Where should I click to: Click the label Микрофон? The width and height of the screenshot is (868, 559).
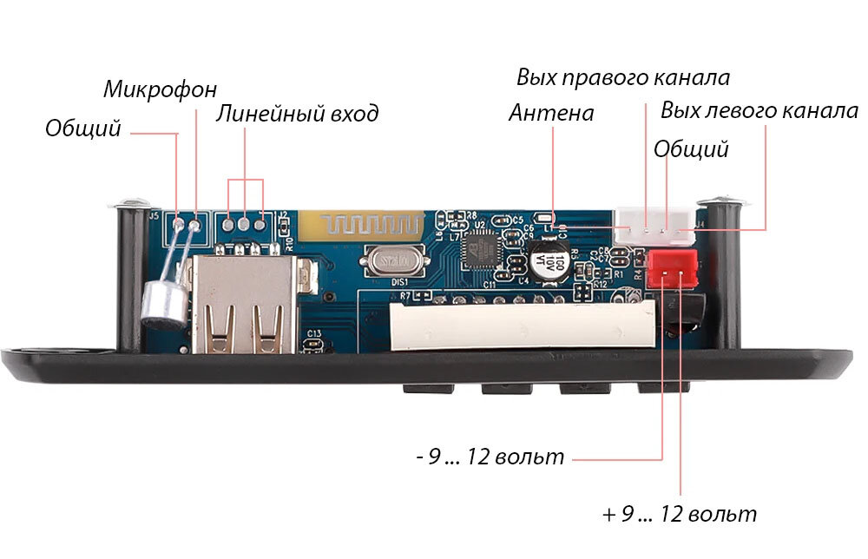(x=160, y=89)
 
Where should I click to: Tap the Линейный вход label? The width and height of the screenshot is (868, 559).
(x=297, y=114)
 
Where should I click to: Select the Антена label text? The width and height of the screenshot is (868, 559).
(x=551, y=113)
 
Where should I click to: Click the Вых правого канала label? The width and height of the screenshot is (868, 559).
(x=623, y=77)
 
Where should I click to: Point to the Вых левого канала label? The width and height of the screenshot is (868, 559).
(x=759, y=111)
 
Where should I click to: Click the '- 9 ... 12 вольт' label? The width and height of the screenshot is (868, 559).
(x=490, y=457)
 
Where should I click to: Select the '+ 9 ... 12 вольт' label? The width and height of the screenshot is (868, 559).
(x=680, y=514)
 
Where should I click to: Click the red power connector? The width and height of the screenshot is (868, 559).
(x=672, y=269)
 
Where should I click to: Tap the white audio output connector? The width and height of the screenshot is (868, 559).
(x=654, y=227)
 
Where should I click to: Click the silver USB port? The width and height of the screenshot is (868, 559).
(x=242, y=304)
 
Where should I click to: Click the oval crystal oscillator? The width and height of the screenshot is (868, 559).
(x=394, y=262)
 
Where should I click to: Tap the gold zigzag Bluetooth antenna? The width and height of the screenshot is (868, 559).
(x=361, y=227)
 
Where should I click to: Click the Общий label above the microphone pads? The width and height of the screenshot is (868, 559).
(x=83, y=128)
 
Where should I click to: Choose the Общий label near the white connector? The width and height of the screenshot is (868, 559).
(x=691, y=149)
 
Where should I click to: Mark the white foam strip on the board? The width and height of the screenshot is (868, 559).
(x=523, y=326)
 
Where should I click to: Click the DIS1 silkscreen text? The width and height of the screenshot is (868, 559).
(x=399, y=282)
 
